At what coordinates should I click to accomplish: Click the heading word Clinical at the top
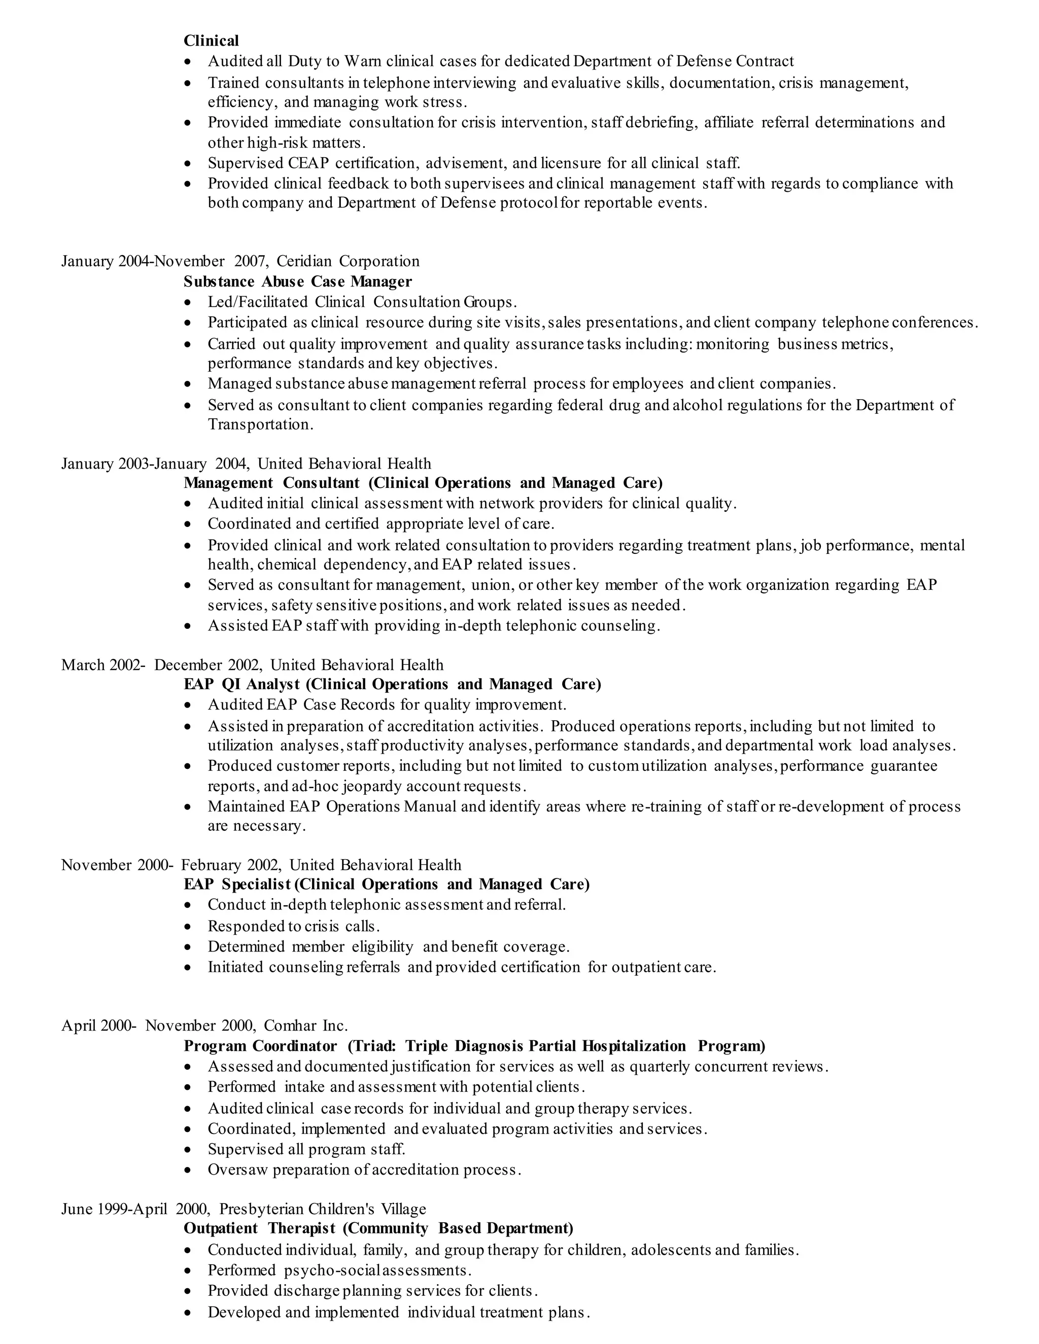click(x=211, y=41)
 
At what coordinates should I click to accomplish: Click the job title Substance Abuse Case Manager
click(x=297, y=281)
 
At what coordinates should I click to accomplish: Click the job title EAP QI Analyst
click(x=242, y=684)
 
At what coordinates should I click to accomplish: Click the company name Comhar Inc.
click(x=305, y=1025)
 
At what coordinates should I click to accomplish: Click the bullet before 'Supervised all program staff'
click(x=188, y=1150)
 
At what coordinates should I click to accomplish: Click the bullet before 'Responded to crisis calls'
click(x=188, y=927)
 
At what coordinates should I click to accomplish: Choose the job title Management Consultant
click(x=271, y=482)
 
